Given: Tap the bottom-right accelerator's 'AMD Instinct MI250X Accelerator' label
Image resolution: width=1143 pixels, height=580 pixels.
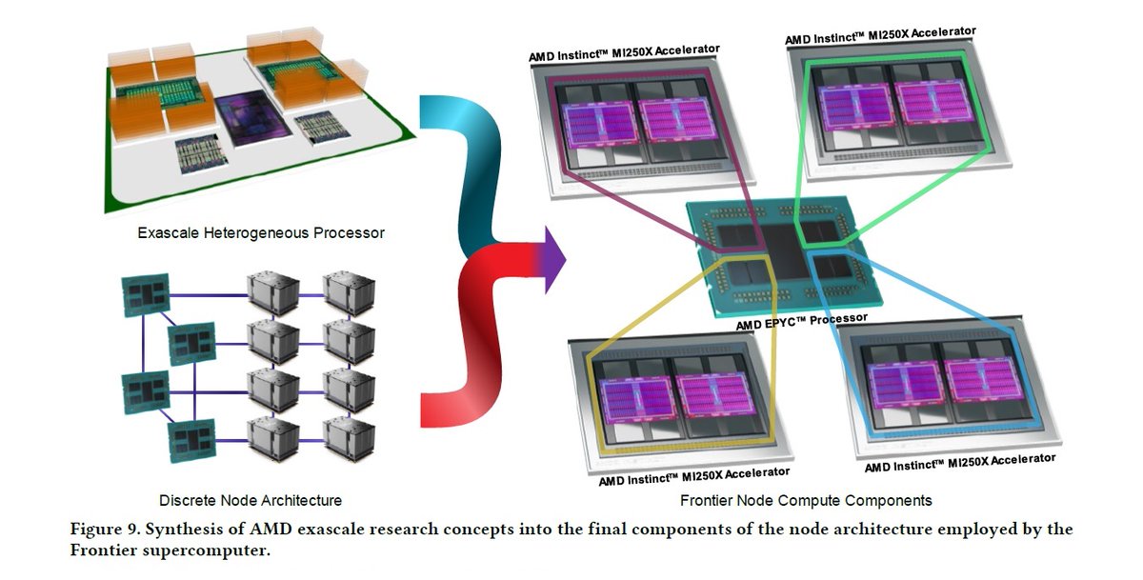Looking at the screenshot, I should [x=959, y=464].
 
